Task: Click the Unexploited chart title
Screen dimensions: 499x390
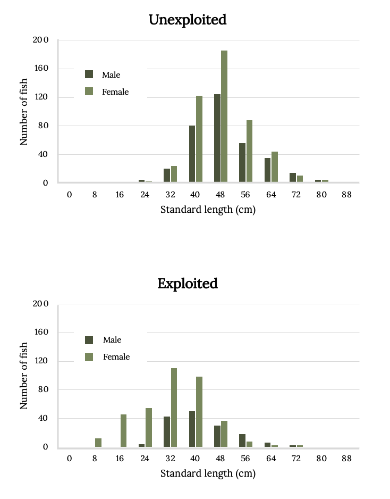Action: [188, 20]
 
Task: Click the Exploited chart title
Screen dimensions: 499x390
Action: [188, 284]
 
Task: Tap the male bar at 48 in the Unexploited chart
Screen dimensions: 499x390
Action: [217, 138]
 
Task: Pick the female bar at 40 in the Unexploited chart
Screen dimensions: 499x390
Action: [199, 139]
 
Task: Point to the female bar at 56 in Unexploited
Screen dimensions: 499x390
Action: [249, 152]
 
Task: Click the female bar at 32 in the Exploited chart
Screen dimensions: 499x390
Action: [174, 407]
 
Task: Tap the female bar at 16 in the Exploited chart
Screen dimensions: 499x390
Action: [124, 430]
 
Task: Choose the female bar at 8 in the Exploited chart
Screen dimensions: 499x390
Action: [98, 443]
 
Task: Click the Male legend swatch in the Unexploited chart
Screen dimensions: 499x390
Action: [89, 74]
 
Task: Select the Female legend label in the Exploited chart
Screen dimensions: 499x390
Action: [116, 357]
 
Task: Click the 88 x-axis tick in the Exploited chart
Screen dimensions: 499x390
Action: [346, 459]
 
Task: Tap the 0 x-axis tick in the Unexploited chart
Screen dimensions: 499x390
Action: [69, 195]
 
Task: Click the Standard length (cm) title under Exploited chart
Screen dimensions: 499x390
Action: [208, 473]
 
